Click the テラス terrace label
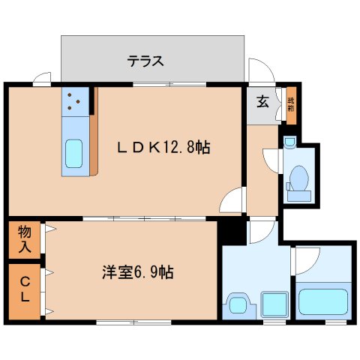tap(145, 61)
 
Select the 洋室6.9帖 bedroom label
tap(138, 272)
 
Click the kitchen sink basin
tap(75, 154)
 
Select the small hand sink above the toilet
tap(290, 141)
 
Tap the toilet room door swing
tap(271, 160)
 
